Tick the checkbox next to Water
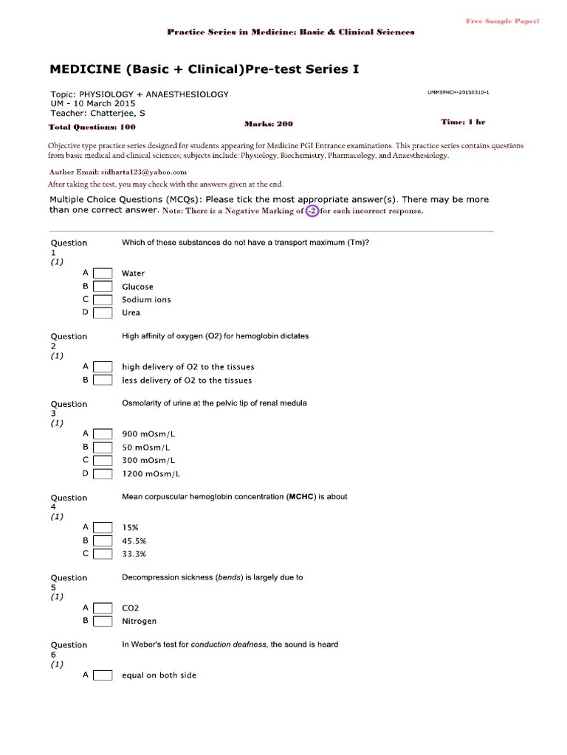tap(103, 274)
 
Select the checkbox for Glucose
tap(103, 287)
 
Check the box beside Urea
tap(103, 313)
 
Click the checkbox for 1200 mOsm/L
tap(103, 473)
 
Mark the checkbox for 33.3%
tap(103, 553)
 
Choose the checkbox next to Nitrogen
tap(103, 621)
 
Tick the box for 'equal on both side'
tap(103, 675)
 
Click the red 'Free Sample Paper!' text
tap(502, 21)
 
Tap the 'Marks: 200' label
tap(269, 124)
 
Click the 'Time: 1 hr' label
tap(463, 122)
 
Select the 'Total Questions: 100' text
tap(92, 127)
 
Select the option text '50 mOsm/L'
tap(145, 448)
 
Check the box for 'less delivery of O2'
tap(103, 380)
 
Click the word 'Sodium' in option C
tap(136, 300)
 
